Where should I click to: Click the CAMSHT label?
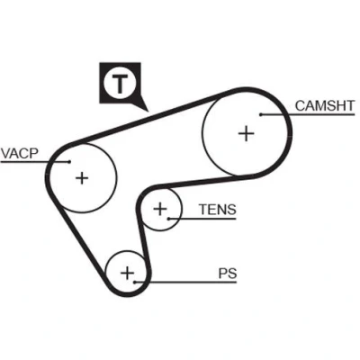pos(325,105)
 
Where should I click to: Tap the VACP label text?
pos(20,153)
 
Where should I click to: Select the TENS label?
pos(218,210)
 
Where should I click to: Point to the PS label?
pos(228,274)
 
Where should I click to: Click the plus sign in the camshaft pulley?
pos(247,133)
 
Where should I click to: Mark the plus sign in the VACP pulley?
pos(82,178)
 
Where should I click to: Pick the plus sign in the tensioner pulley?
pos(160,209)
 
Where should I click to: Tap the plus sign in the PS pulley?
pos(127,273)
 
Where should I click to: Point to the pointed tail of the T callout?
pos(148,112)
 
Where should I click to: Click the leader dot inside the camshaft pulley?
pos(261,114)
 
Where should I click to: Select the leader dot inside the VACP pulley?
pos(69,162)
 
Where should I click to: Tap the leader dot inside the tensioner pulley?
pos(169,219)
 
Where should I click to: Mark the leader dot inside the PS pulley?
pos(135,282)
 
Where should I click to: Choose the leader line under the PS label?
pos(185,282)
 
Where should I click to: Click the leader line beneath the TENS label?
pos(202,219)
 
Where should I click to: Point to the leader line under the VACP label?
pos(35,162)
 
